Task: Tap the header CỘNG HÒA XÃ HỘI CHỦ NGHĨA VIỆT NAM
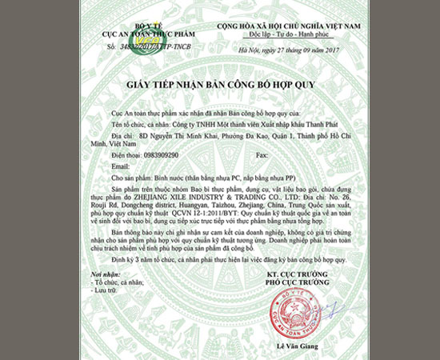[x=287, y=27]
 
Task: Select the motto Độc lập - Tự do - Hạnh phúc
[x=288, y=36]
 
